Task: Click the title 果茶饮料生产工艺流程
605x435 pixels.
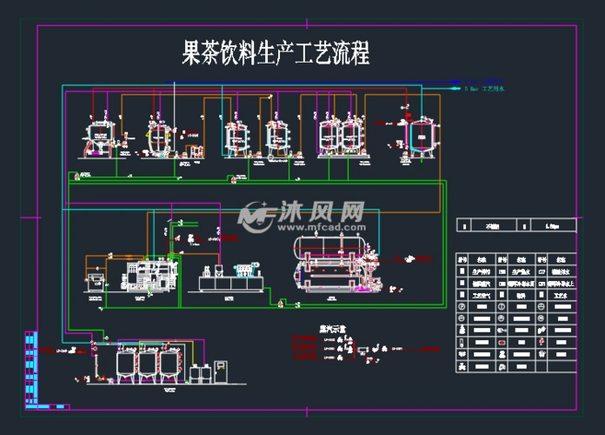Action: coord(275,54)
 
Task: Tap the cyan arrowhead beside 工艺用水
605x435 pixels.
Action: coord(457,88)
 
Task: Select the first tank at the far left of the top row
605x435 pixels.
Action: coord(98,137)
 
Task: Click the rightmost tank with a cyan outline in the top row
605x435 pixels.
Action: coord(422,135)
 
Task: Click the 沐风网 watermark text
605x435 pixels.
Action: coord(321,211)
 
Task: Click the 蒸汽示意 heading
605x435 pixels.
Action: coord(308,330)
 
